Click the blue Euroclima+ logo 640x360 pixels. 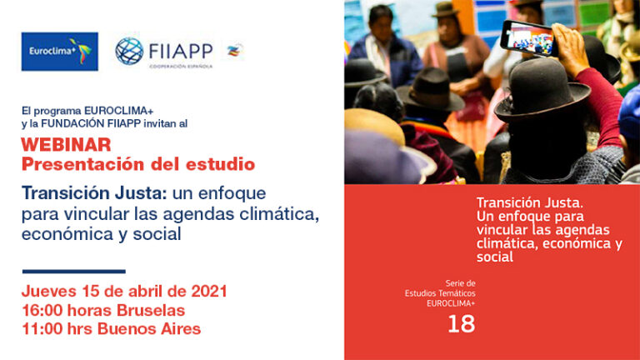60,52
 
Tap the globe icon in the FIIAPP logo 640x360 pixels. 129,51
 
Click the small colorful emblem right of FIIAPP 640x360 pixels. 235,51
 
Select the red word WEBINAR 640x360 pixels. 66,144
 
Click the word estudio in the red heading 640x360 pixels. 220,164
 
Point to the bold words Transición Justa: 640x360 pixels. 94,192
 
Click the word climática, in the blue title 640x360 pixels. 279,213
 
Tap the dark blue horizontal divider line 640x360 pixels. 74,272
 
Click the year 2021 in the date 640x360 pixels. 209,291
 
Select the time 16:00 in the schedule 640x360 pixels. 42,310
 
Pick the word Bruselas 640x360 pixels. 151,310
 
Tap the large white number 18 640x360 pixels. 461,323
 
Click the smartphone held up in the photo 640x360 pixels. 529,37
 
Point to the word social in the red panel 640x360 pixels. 495,257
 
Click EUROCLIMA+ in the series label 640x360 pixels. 451,303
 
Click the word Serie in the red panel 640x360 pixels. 455,282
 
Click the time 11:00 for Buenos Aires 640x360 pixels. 42,328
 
